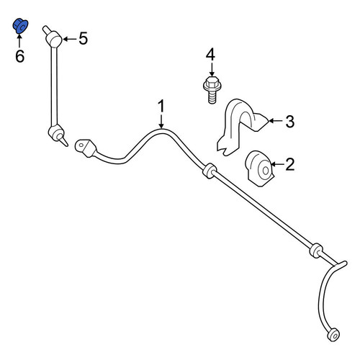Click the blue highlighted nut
20,26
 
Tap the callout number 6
19,56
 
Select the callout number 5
83,38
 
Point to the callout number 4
210,54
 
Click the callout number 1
161,106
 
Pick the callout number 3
290,122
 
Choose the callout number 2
290,164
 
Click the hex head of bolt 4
212,84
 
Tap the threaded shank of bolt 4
212,98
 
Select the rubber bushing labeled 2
259,168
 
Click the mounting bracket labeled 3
240,126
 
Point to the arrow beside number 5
70,39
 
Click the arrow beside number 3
276,121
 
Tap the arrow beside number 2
277,164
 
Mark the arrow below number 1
161,121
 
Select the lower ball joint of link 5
57,133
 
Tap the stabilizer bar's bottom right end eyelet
333,334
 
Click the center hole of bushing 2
266,171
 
